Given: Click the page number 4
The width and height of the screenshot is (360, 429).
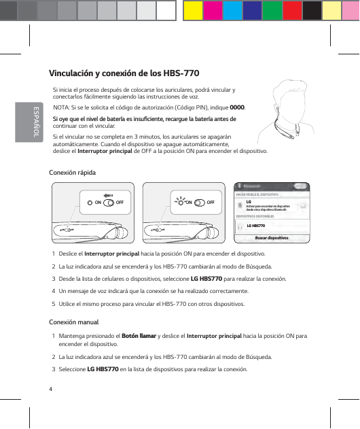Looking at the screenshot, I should (x=51, y=388).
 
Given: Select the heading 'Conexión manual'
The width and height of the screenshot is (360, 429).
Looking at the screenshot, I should (x=74, y=322).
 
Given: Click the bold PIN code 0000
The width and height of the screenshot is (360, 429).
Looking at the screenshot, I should (x=238, y=107).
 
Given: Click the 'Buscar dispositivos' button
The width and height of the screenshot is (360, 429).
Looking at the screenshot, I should (x=272, y=238).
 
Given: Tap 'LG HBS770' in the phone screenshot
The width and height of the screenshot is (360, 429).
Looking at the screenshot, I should (x=255, y=225).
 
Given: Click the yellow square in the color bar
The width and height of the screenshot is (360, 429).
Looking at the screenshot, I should (x=192, y=10).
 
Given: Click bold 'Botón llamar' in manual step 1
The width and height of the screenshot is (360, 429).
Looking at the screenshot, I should (x=138, y=336).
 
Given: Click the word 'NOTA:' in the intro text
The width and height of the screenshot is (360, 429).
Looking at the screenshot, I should (x=62, y=107).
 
